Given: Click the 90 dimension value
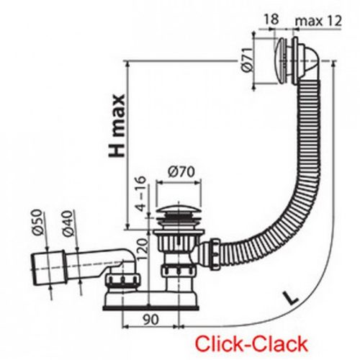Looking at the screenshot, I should (150, 317).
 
